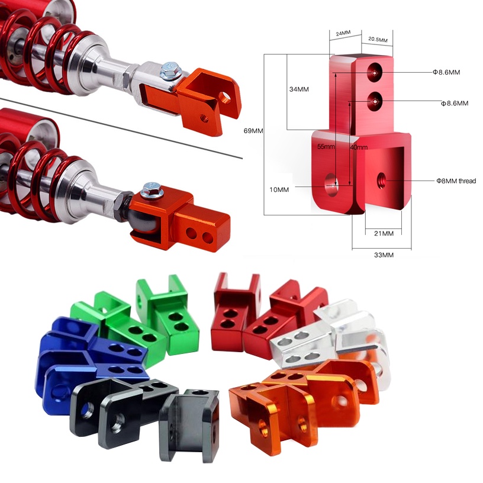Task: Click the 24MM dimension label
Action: click(x=342, y=34)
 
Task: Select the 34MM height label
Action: click(x=299, y=89)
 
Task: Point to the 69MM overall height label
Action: click(x=253, y=131)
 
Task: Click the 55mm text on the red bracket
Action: click(x=326, y=146)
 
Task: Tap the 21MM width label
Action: click(x=384, y=233)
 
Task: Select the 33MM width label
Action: click(x=384, y=255)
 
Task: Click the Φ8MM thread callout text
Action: click(x=456, y=181)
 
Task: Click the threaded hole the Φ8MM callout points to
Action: click(x=382, y=177)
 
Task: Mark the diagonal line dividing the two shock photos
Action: click(x=118, y=127)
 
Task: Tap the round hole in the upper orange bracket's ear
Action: click(x=226, y=97)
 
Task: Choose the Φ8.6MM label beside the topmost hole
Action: click(x=446, y=72)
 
